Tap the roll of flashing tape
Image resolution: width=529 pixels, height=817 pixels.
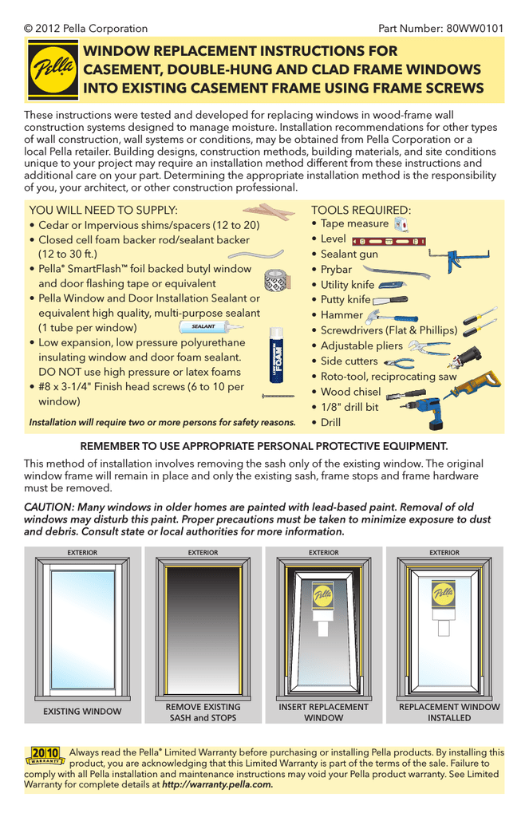click(275, 280)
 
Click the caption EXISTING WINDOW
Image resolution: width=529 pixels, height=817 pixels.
click(82, 711)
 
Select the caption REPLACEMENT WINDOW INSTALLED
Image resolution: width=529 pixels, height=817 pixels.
click(449, 712)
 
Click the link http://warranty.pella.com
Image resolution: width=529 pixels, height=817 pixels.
click(217, 785)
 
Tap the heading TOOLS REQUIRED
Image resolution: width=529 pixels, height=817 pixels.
click(361, 209)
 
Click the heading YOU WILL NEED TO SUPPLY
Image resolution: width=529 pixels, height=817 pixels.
click(103, 209)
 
